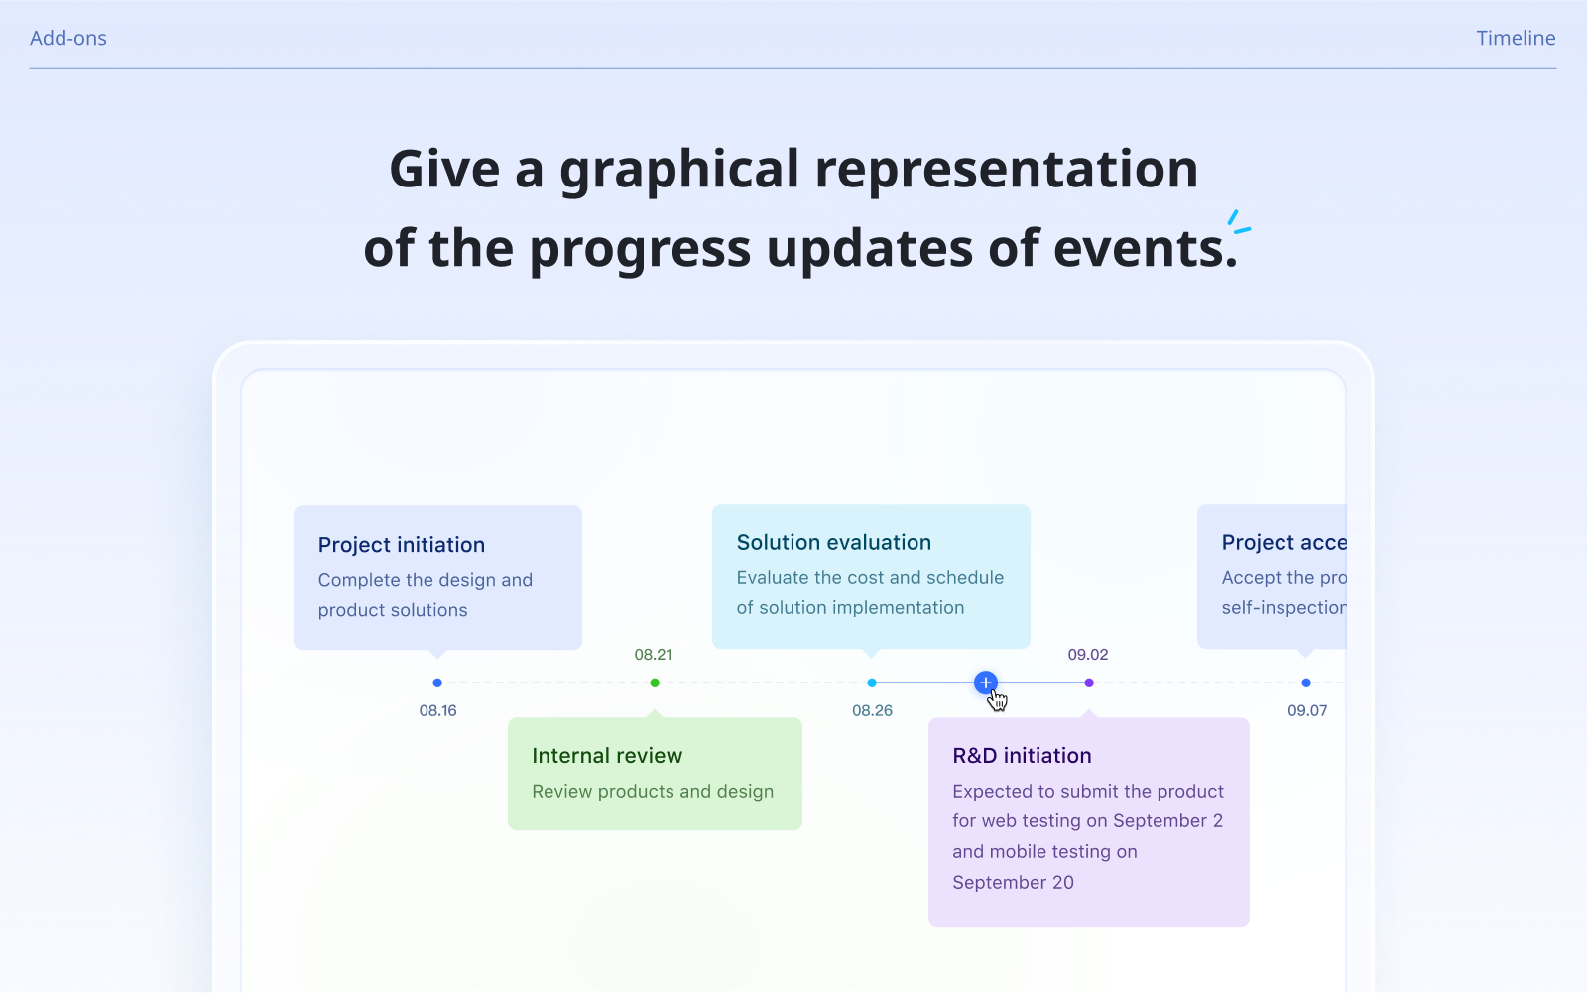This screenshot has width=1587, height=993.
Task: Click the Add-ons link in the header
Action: [68, 38]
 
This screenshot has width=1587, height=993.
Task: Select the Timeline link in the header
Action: [1516, 38]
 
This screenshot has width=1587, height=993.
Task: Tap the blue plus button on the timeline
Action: [985, 683]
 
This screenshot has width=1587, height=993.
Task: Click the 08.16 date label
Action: [437, 710]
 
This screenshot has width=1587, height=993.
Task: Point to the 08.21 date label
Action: [653, 655]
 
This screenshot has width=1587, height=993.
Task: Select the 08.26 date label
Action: [872, 710]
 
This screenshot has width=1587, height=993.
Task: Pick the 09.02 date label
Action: [1087, 655]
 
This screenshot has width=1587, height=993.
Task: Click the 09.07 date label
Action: [1306, 710]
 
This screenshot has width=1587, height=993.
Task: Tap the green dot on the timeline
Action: [655, 683]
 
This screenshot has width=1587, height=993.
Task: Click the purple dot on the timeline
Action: [1089, 683]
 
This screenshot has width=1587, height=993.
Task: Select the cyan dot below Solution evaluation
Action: [872, 683]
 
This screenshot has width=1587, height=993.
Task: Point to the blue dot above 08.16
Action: [437, 683]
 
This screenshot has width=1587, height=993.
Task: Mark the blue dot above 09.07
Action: [1306, 683]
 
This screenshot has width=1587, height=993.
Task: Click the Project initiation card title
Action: [402, 545]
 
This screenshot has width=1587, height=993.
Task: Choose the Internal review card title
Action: [607, 756]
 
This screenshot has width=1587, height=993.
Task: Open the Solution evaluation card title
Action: [833, 543]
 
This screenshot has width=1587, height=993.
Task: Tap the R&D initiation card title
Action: [1022, 756]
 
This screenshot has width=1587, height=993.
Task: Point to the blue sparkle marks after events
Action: [1238, 222]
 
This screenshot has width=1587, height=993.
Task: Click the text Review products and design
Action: [653, 792]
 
